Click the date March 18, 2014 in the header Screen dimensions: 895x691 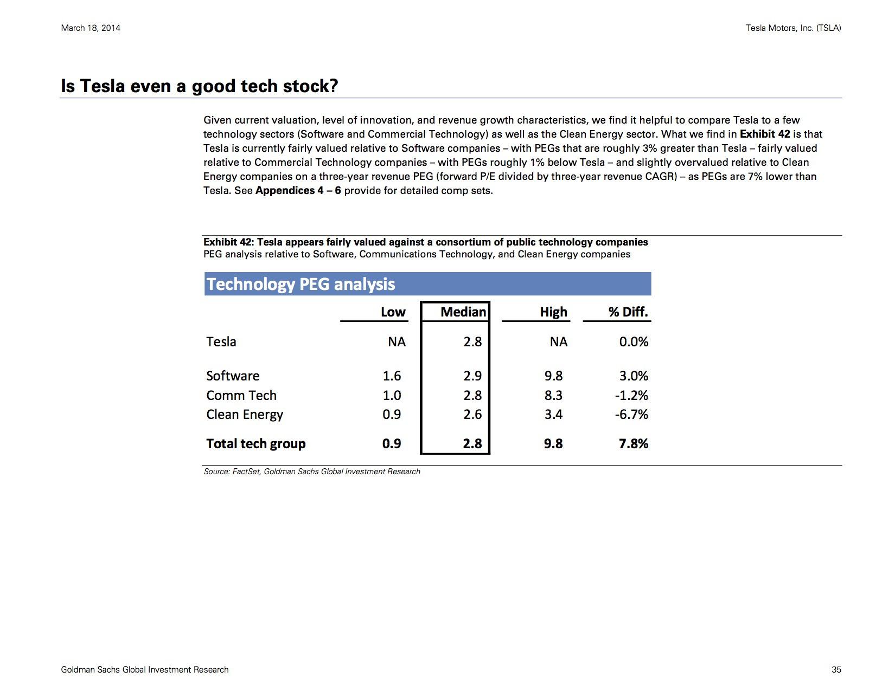click(91, 28)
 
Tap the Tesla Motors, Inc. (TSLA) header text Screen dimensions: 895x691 click(793, 28)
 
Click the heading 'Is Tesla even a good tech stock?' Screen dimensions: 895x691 click(200, 86)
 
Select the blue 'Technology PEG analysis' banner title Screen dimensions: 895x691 click(301, 284)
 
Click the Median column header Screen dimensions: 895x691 click(463, 312)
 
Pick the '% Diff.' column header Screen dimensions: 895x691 click(628, 312)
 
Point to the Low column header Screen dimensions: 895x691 click(393, 312)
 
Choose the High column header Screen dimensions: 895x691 click(554, 312)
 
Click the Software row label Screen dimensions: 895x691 click(233, 376)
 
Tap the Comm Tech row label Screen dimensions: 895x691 click(241, 395)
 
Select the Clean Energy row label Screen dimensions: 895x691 click(245, 415)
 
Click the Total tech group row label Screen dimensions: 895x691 click(256, 444)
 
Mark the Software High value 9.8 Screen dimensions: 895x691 click(554, 376)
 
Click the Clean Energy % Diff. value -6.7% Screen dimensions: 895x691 click(631, 414)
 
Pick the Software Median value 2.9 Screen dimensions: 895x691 click(472, 376)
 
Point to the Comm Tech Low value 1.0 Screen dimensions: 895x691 click(392, 395)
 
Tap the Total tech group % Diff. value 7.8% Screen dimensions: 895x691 click(634, 444)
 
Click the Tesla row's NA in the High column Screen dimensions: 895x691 click(559, 341)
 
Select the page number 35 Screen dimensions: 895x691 click(836, 670)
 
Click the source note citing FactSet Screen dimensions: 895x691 click(312, 472)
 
